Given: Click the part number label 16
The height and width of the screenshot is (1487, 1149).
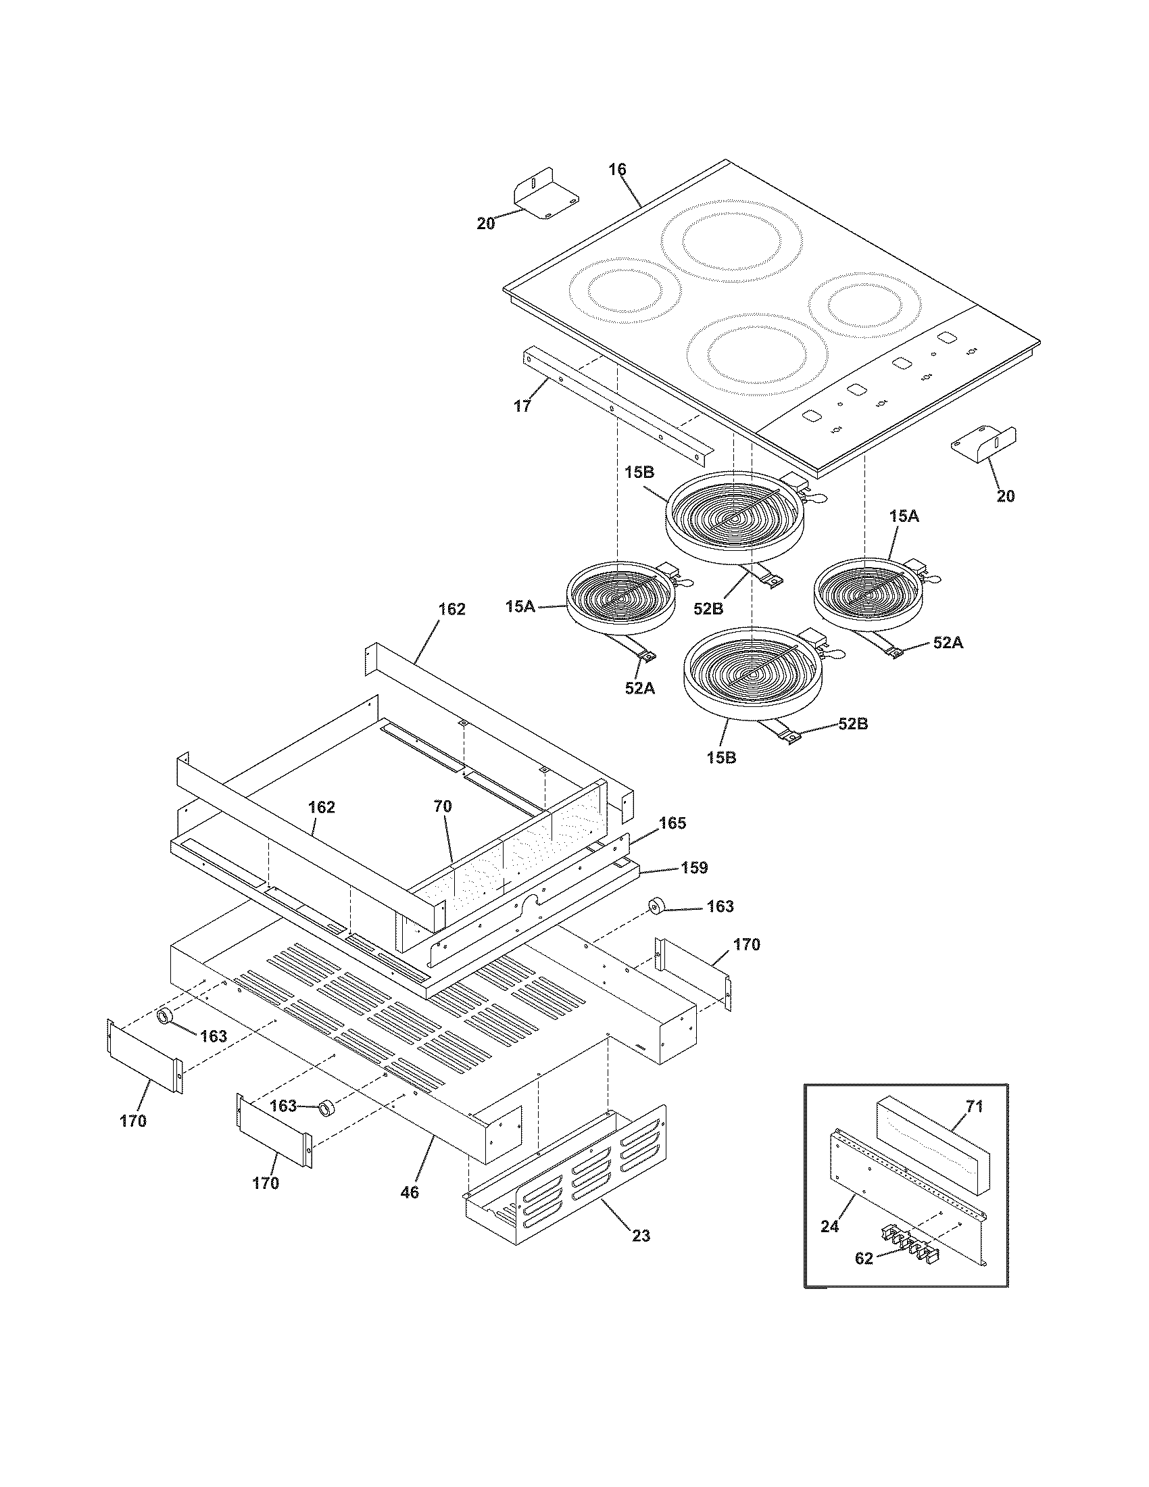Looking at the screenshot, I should coord(616,170).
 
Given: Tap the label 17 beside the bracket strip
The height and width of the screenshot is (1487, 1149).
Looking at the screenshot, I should coord(521,406).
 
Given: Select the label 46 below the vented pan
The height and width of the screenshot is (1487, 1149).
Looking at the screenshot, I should coord(410,1192).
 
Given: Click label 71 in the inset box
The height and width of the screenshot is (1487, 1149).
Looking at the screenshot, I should coord(975,1107).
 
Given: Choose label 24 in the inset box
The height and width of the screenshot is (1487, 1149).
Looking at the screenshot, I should coord(830,1226).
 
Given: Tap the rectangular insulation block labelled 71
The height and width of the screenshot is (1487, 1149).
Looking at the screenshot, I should coord(930,1150).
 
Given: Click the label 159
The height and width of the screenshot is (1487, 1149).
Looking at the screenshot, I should coord(694,868).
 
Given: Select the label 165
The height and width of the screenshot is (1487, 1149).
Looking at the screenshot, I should coord(673,823).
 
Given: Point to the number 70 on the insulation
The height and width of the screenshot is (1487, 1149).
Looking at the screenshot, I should coord(443,807).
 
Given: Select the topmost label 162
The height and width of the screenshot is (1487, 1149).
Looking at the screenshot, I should coord(452,610).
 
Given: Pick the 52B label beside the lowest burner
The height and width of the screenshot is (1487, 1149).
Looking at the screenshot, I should coord(853,724).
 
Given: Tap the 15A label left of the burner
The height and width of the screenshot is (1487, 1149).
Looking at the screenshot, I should coord(520,606).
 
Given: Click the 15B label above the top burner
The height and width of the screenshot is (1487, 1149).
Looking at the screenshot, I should coord(639,472).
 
